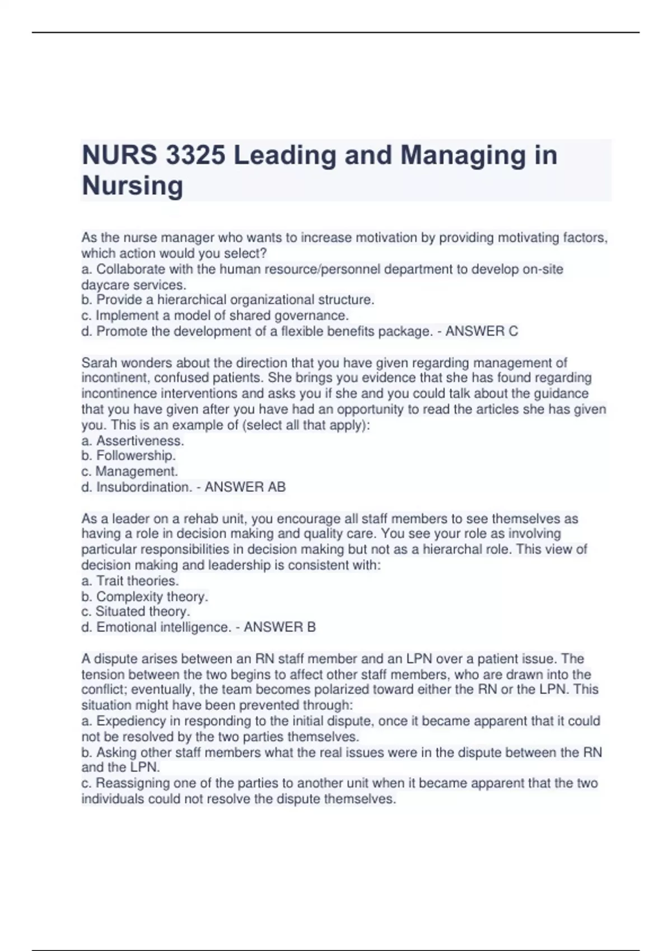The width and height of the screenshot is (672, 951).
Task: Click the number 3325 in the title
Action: pos(195,155)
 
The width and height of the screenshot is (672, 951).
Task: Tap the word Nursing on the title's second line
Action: pos(132,186)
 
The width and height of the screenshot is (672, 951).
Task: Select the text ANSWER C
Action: pos(482,331)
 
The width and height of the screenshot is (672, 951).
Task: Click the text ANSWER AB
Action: pos(245,487)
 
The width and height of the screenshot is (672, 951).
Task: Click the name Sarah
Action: pos(99,362)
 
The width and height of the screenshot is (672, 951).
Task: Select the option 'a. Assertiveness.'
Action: pos(133,441)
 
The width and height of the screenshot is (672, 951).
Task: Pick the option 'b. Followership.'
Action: pos(129,456)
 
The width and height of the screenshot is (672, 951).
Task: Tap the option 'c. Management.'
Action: pos(130,472)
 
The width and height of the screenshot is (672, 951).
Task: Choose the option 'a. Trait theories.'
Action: pos(130,581)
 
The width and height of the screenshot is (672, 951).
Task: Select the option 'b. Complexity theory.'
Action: pos(144,596)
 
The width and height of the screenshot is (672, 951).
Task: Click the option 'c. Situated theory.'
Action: pos(136,611)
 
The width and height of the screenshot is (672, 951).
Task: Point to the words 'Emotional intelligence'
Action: pos(162,627)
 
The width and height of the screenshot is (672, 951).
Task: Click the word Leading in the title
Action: pos(284,155)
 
